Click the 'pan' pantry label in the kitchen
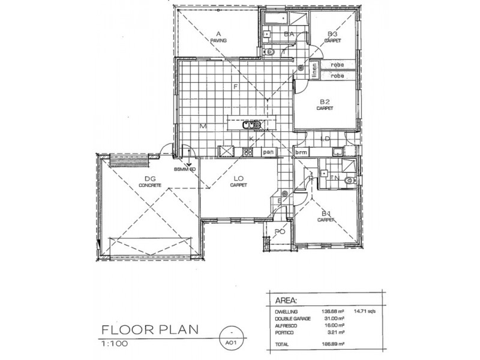click(x=269, y=152)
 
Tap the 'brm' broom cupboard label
click(x=301, y=152)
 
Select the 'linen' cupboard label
click(x=314, y=70)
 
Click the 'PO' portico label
click(x=279, y=232)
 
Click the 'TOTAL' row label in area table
click(x=282, y=346)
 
